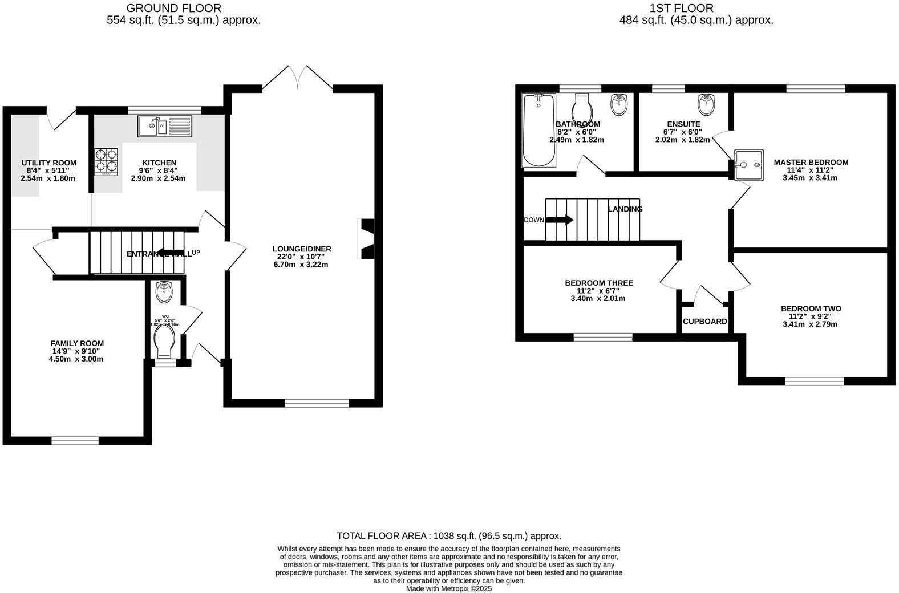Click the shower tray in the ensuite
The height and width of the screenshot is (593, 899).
coord(748,165)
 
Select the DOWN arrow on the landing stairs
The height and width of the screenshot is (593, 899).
coord(560,220)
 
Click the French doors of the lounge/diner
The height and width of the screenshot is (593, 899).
coord(298,78)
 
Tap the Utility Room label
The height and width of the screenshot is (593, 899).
coord(48,163)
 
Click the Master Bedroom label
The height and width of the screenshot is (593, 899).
coord(811,163)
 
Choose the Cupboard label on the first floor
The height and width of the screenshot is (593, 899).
coord(704,322)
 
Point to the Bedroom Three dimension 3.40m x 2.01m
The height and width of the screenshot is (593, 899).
coord(598,298)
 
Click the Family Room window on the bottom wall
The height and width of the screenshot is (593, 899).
coord(75,440)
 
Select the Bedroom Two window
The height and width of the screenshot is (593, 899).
coord(814,381)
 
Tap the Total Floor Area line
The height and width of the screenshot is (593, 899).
coord(449,536)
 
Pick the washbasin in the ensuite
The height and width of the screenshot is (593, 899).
coord(706,104)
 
